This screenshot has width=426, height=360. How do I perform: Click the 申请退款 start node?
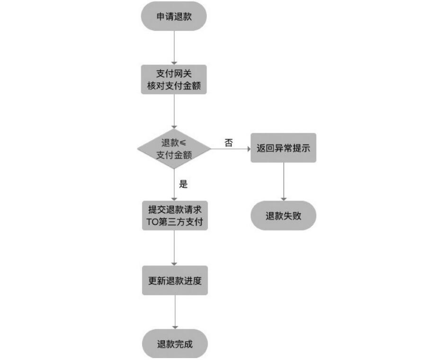coord(174,16)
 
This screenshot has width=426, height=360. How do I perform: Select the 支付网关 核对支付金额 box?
coord(174,80)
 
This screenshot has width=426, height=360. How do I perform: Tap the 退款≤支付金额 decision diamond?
coord(174,149)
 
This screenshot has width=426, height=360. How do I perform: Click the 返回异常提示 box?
coord(283,148)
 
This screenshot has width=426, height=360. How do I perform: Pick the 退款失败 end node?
coord(283,216)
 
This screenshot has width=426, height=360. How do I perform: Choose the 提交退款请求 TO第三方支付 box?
coord(175,216)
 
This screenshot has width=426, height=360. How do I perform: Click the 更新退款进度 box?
coord(175,280)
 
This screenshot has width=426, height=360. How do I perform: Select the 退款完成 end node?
coord(175,344)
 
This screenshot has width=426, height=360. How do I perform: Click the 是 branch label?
coord(184,184)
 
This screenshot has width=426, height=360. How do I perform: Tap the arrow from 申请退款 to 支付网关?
coord(174,48)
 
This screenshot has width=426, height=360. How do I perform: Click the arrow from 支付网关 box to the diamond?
coord(174,111)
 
